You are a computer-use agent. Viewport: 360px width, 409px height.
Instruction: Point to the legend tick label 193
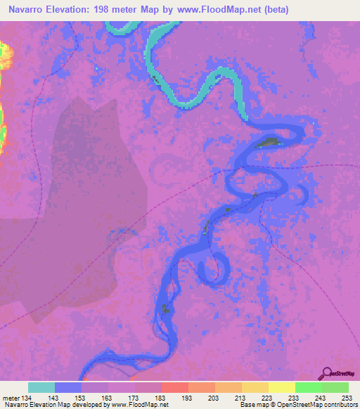click(x=188, y=398)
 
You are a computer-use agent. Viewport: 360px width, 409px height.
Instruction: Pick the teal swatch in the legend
click(x=41, y=387)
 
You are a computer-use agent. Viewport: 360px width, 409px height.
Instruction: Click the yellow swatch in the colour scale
click(x=281, y=387)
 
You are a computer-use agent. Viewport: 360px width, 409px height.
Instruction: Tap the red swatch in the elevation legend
click(x=174, y=387)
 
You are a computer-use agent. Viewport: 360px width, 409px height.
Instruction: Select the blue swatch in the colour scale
click(x=68, y=387)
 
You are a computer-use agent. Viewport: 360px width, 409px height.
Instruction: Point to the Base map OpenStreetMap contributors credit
click(x=297, y=405)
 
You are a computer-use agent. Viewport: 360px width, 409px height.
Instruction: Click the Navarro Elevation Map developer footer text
click(x=84, y=405)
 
